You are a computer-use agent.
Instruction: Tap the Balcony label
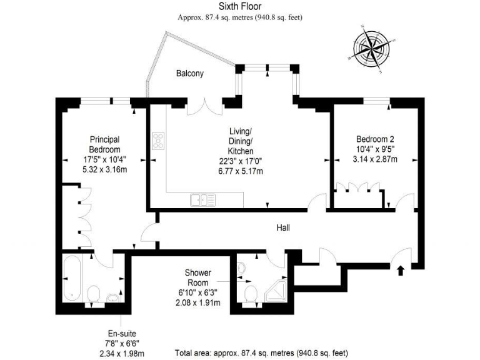pos(189,74)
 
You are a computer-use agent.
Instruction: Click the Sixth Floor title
pos(240,7)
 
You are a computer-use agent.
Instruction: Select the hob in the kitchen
pos(157,141)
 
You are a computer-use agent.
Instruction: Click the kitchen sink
pos(202,200)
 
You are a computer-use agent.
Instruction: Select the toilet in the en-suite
pos(94,294)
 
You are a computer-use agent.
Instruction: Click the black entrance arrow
pos(401,271)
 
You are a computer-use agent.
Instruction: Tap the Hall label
pos(283,228)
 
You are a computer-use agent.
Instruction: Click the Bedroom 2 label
pos(375,139)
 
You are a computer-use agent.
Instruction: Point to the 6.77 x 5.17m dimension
pos(240,171)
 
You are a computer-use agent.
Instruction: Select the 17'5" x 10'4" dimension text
pos(104,160)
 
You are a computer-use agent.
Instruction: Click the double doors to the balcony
pos(207,106)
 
